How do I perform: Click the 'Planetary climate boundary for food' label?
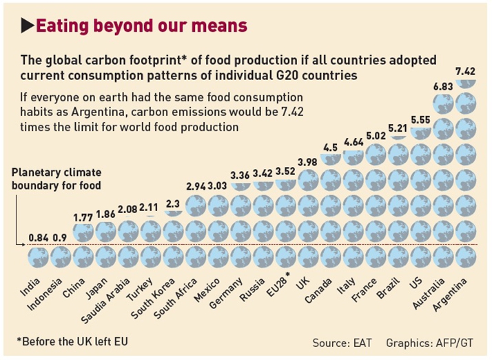point(56,179)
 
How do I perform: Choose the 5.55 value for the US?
point(422,119)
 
